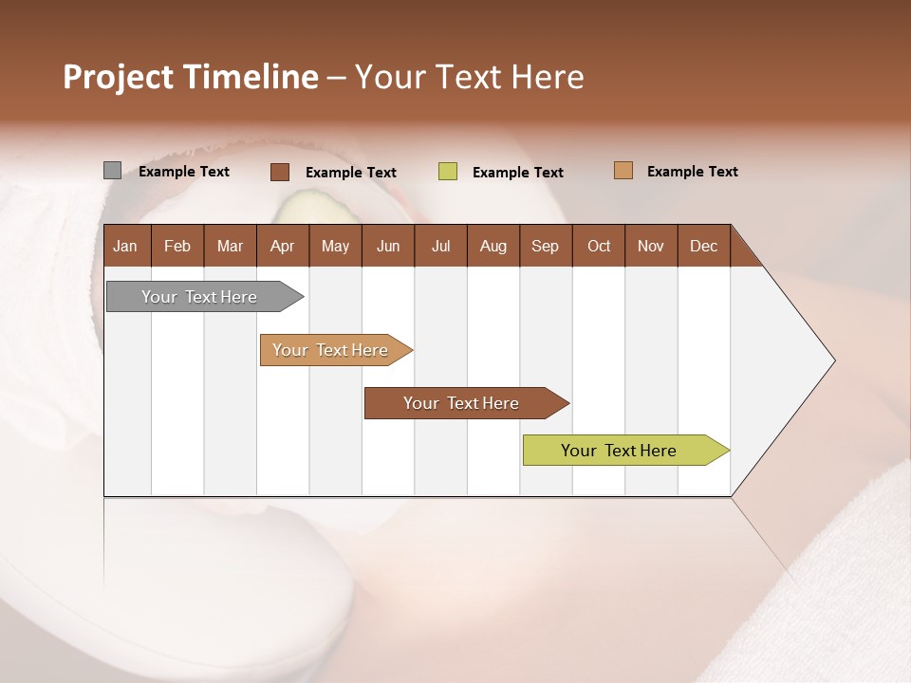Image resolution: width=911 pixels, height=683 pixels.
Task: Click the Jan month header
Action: pyautogui.click(x=125, y=247)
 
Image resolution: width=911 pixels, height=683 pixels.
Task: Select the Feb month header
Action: pyautogui.click(x=177, y=247)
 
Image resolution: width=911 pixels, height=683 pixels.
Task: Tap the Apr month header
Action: pyautogui.click(x=282, y=247)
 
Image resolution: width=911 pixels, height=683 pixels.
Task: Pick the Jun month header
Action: pyautogui.click(x=388, y=247)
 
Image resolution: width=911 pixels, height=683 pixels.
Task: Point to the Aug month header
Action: pyautogui.click(x=493, y=247)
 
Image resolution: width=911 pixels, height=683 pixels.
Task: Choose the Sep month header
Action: pyautogui.click(x=545, y=247)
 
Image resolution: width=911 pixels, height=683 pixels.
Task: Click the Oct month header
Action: pyautogui.click(x=599, y=247)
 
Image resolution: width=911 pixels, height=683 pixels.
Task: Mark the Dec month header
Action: pyautogui.click(x=703, y=247)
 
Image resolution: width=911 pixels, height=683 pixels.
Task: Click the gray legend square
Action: pyautogui.click(x=112, y=171)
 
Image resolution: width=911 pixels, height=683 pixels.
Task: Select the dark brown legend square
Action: pyautogui.click(x=279, y=172)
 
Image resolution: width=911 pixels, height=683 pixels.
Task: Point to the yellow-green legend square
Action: pyautogui.click(x=448, y=172)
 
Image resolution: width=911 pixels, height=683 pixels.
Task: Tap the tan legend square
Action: pyautogui.click(x=623, y=171)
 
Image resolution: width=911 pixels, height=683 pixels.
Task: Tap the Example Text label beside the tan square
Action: pyautogui.click(x=692, y=172)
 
